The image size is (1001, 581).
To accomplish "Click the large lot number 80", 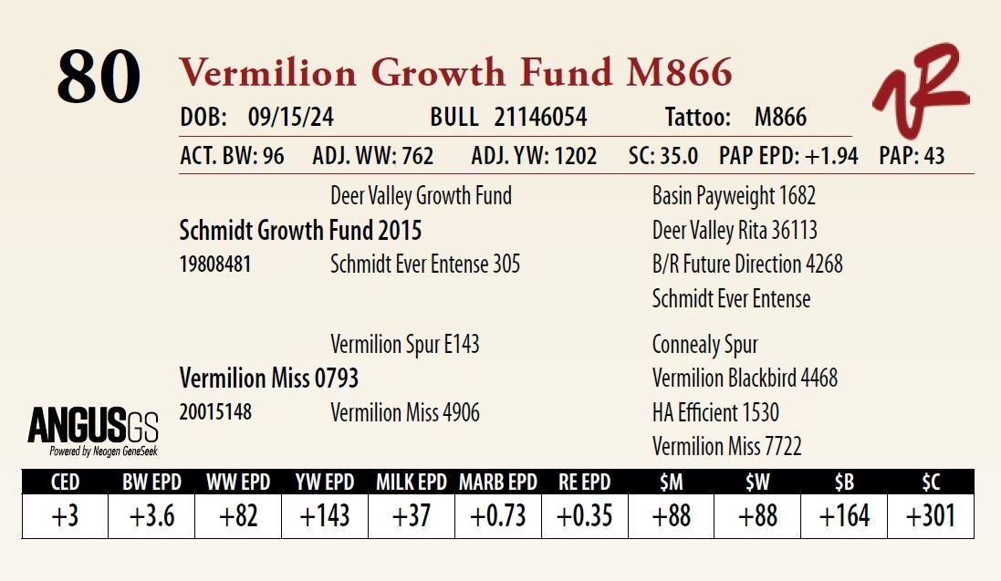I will (99, 77).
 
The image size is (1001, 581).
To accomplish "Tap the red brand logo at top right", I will (919, 89).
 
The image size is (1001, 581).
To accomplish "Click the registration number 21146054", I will (540, 118).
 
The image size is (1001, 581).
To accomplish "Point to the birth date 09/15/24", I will (290, 118).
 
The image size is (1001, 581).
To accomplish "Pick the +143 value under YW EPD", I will (325, 516).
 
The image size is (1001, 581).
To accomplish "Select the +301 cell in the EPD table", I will (930, 516).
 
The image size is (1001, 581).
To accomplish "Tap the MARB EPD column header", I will (497, 482).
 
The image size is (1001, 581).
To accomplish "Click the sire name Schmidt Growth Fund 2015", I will (300, 231).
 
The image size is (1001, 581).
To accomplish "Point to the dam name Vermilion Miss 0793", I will (269, 378).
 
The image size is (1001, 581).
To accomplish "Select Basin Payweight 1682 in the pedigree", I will (734, 196).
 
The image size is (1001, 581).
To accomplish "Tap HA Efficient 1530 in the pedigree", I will (715, 412).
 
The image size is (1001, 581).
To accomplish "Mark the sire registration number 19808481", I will (215, 265).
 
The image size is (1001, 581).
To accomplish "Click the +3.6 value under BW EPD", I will (151, 516).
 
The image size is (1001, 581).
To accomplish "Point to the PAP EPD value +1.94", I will (830, 156).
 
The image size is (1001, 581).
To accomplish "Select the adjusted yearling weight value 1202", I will (572, 156).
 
